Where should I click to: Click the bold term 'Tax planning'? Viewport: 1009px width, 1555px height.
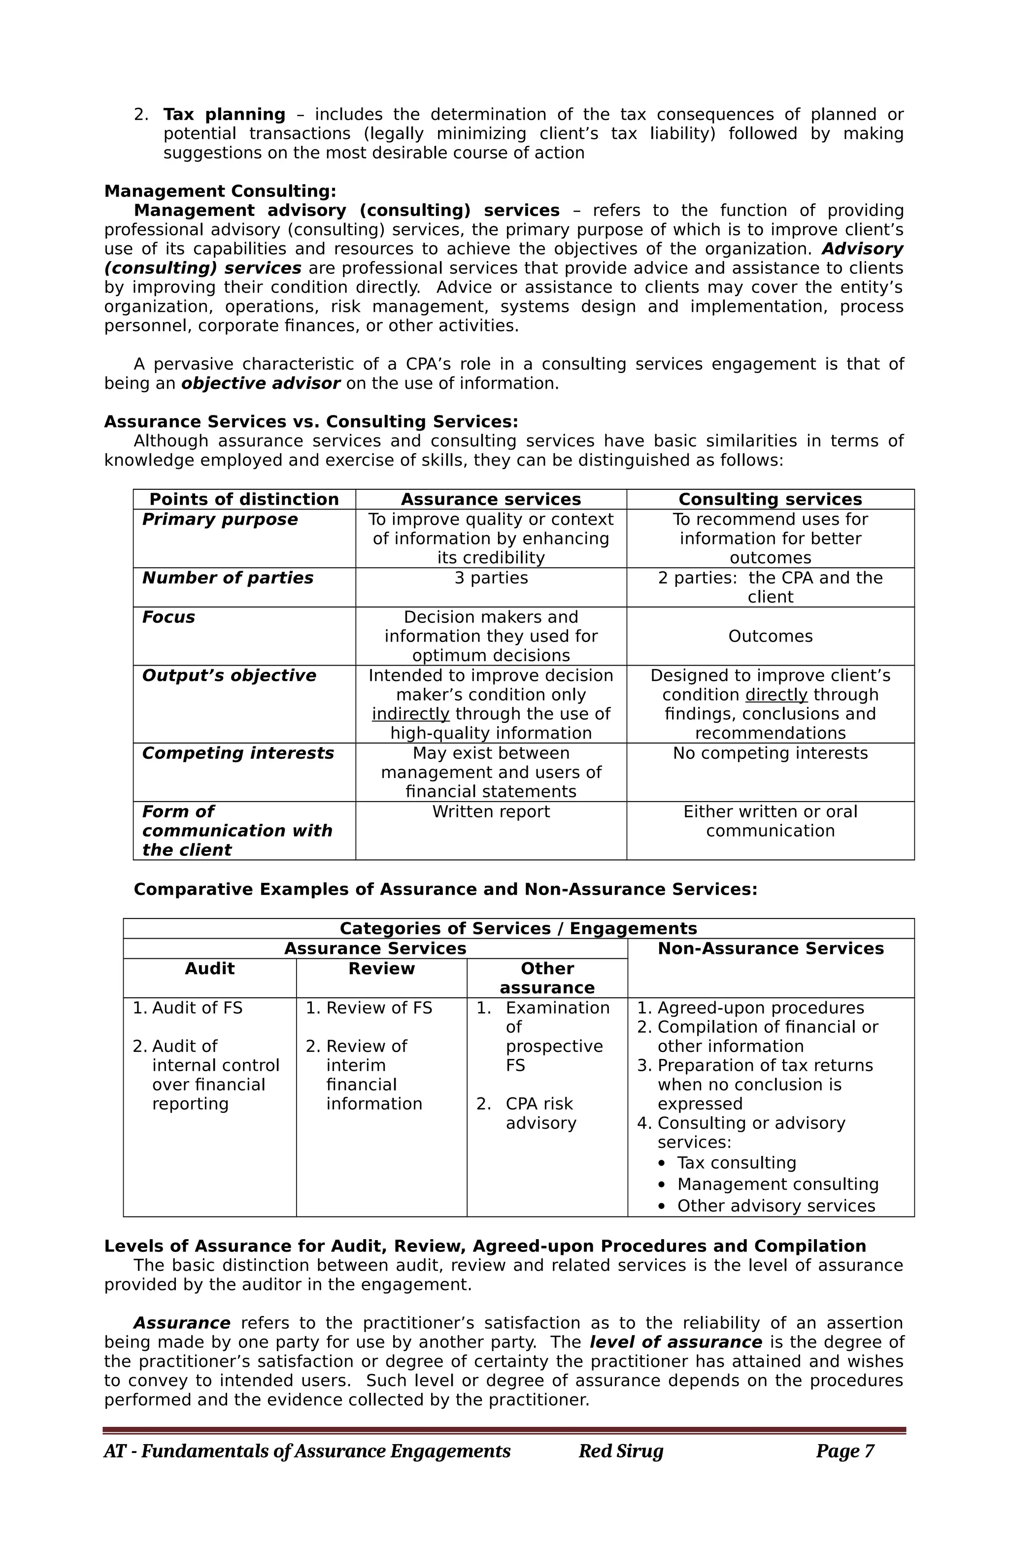click(224, 114)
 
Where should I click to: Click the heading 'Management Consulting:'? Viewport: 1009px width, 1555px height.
click(220, 192)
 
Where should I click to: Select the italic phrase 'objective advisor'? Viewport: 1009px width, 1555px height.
click(260, 383)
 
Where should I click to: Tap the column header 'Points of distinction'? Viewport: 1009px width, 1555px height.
click(244, 499)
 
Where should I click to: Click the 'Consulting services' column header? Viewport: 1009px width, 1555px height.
click(770, 499)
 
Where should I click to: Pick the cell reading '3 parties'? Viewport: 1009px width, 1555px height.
click(491, 577)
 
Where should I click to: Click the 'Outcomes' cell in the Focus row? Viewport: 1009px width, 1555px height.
click(770, 637)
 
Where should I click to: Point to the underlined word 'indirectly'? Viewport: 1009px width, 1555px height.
click(410, 714)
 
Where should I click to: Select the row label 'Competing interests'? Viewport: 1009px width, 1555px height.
click(238, 753)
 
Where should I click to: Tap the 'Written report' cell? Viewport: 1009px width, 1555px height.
click(491, 811)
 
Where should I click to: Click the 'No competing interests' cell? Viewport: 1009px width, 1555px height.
click(770, 753)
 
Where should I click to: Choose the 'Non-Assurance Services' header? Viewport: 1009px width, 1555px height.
click(771, 948)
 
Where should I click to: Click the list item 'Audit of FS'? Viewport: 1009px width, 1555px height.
click(197, 1008)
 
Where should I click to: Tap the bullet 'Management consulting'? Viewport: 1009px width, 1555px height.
click(777, 1184)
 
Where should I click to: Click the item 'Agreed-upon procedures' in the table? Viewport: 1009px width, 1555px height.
click(760, 1008)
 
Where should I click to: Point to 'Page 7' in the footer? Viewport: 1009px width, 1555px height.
click(844, 1451)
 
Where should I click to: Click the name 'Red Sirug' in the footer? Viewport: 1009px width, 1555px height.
click(620, 1451)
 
